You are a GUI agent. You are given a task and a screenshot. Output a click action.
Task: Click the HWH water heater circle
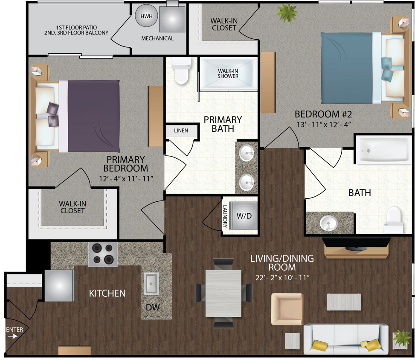[x=146, y=16]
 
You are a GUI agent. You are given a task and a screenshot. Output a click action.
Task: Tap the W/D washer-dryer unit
[x=243, y=216]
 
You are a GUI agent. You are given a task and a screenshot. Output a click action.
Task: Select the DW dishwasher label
[x=153, y=307]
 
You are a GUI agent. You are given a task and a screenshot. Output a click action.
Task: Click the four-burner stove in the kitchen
[x=103, y=254]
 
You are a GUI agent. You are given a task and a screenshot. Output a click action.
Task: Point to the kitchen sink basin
[x=151, y=284]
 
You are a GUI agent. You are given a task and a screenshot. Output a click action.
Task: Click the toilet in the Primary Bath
[x=181, y=71]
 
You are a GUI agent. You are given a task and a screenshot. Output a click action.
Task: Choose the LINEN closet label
[x=181, y=131]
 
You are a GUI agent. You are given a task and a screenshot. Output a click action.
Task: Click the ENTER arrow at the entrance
[x=13, y=337]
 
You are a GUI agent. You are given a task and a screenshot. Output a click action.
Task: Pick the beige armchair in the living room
[x=287, y=309]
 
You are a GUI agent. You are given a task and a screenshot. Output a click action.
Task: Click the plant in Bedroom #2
[x=287, y=12]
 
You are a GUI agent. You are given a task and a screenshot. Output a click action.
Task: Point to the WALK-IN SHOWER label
[x=228, y=74]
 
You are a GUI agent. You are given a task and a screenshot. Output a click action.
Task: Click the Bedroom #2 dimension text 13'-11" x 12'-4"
[x=323, y=125]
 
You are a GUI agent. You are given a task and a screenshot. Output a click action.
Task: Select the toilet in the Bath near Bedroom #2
[x=394, y=220]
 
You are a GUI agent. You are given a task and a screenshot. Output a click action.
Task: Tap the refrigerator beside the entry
[x=59, y=285]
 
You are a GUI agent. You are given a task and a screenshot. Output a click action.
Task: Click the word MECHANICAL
[x=157, y=38]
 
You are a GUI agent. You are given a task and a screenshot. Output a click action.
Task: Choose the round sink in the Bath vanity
[x=328, y=223]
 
